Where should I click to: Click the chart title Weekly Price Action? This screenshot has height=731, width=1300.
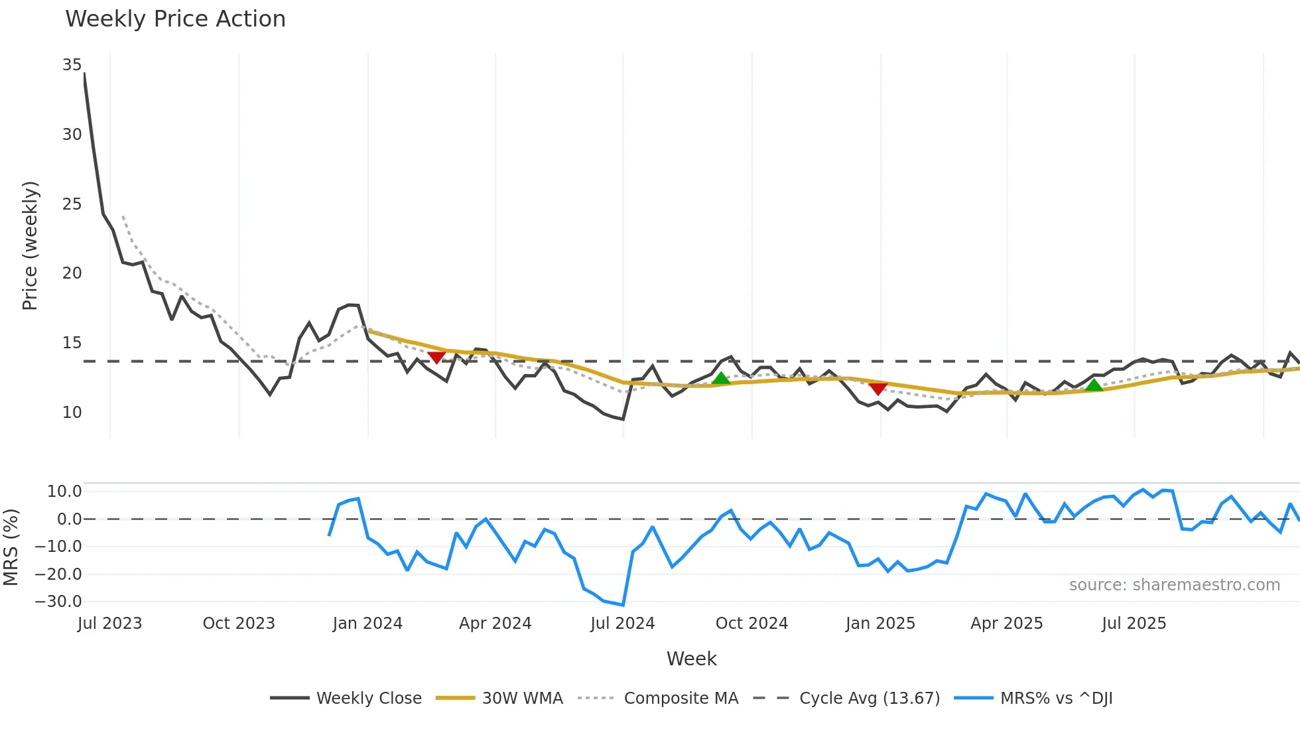point(175,19)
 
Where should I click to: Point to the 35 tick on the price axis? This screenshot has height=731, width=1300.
point(72,65)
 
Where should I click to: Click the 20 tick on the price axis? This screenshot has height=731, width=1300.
point(72,273)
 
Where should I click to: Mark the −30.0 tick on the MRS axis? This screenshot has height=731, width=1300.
point(58,602)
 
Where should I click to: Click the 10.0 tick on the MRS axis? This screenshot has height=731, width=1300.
point(64,492)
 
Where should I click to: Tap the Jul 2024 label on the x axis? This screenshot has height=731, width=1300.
point(622,624)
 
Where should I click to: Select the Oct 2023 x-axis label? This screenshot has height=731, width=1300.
point(239,624)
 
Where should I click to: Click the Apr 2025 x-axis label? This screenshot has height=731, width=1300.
point(1006,624)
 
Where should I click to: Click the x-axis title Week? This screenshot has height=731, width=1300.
point(691,659)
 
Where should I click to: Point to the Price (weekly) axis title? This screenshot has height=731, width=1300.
point(31,245)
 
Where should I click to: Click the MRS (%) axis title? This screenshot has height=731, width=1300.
point(11,547)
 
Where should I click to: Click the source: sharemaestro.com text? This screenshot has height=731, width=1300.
point(1174,585)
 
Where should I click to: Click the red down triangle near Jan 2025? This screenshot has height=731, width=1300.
point(877,389)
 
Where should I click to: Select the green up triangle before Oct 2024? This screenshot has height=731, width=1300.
point(721,378)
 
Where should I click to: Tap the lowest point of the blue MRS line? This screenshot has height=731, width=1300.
point(623,605)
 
